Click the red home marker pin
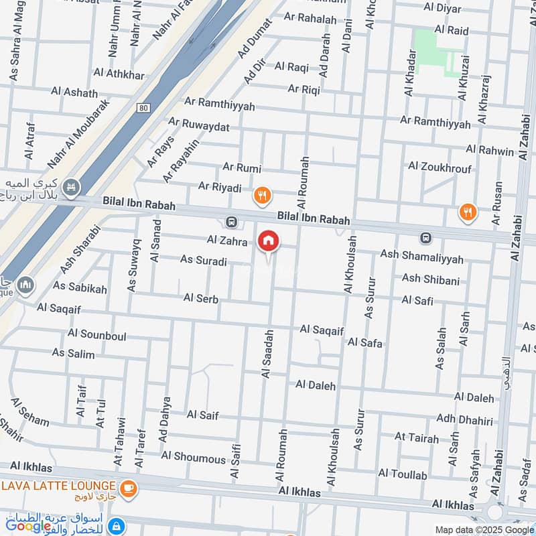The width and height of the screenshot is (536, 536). pos(269,241)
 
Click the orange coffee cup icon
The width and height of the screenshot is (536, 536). pos(129,490)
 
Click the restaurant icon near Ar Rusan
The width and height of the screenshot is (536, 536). pos(468,213)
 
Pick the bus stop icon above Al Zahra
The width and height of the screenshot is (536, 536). pos(231,222)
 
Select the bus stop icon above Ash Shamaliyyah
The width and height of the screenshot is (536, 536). pos(425,238)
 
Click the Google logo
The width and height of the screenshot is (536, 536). pos(28,526)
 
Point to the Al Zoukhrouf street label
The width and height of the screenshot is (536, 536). pos(440,167)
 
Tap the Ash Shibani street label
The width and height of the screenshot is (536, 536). pos(430,279)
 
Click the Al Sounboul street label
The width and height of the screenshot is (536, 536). pos(96,335)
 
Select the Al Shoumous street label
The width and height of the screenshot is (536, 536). pos(193,458)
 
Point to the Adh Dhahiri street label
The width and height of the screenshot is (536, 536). pos(464,420)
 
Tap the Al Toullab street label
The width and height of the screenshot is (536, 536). pos(402,474)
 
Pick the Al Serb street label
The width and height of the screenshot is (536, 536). pos(200,299)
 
